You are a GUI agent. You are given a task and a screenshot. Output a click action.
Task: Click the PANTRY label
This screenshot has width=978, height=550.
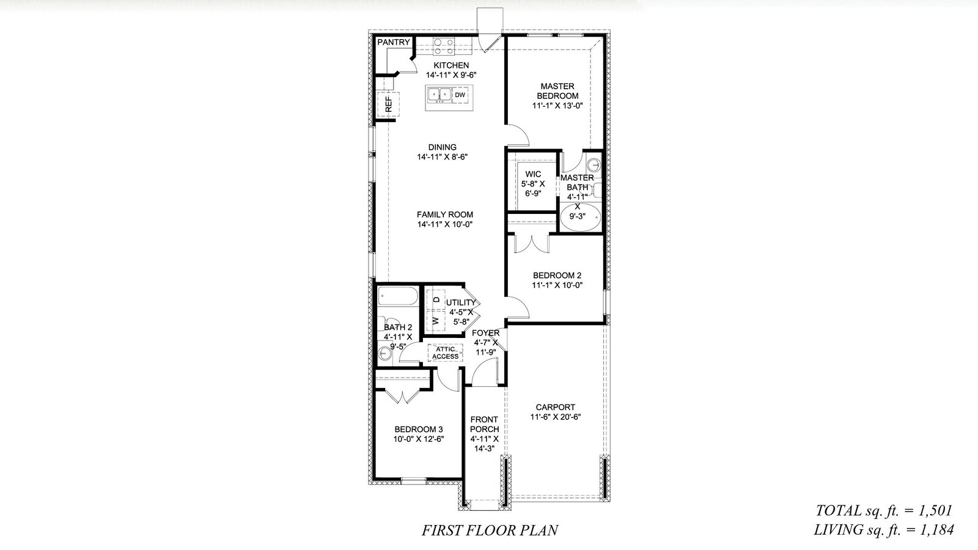coord(394,42)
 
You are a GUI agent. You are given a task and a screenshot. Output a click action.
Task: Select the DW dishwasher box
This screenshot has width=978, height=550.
coord(460,95)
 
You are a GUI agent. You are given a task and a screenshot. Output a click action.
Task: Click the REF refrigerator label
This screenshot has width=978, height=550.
coord(389,105)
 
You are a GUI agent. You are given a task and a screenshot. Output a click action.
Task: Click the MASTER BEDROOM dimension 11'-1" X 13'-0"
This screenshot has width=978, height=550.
coord(557,106)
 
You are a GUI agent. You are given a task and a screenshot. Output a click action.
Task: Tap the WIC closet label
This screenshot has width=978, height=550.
coord(533,174)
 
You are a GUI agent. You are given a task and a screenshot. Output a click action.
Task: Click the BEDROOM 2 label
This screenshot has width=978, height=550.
coord(557,276)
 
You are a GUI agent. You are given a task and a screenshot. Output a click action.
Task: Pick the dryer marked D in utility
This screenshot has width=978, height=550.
coord(436,299)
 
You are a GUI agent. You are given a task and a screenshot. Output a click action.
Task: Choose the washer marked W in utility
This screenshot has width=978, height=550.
coord(436,321)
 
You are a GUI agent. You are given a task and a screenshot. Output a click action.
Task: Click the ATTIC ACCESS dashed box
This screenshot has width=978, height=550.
coord(446,353)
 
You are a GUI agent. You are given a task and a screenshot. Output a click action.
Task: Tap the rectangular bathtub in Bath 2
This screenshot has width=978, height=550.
coord(397,296)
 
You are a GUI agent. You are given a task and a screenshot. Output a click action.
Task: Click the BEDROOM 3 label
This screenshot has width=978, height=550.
coord(419,430)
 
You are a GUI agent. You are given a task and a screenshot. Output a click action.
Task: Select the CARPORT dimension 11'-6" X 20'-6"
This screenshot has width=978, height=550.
coord(556,417)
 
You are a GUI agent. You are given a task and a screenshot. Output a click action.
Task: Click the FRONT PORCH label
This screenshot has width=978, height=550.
coord(485,424)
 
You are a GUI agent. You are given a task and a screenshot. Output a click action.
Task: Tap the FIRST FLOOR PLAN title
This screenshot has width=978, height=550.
coord(490,530)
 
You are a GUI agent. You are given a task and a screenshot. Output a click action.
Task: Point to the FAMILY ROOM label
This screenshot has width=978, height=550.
coord(445,215)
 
